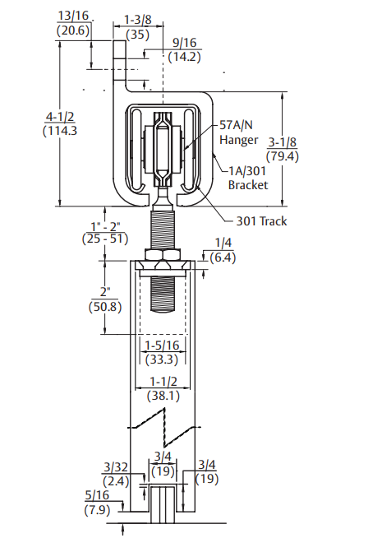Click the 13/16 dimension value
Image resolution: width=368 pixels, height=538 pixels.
(72, 16)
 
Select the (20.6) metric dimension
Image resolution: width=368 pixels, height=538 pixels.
(72, 30)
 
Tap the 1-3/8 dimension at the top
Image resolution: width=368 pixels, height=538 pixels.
(137, 18)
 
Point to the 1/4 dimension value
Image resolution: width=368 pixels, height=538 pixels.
(223, 243)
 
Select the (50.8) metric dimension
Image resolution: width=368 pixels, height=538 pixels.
(105, 307)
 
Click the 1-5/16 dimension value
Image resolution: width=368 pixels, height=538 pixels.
(164, 346)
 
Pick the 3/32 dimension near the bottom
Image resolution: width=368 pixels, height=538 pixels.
(114, 467)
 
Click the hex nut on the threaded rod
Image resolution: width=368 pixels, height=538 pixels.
(165, 254)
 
